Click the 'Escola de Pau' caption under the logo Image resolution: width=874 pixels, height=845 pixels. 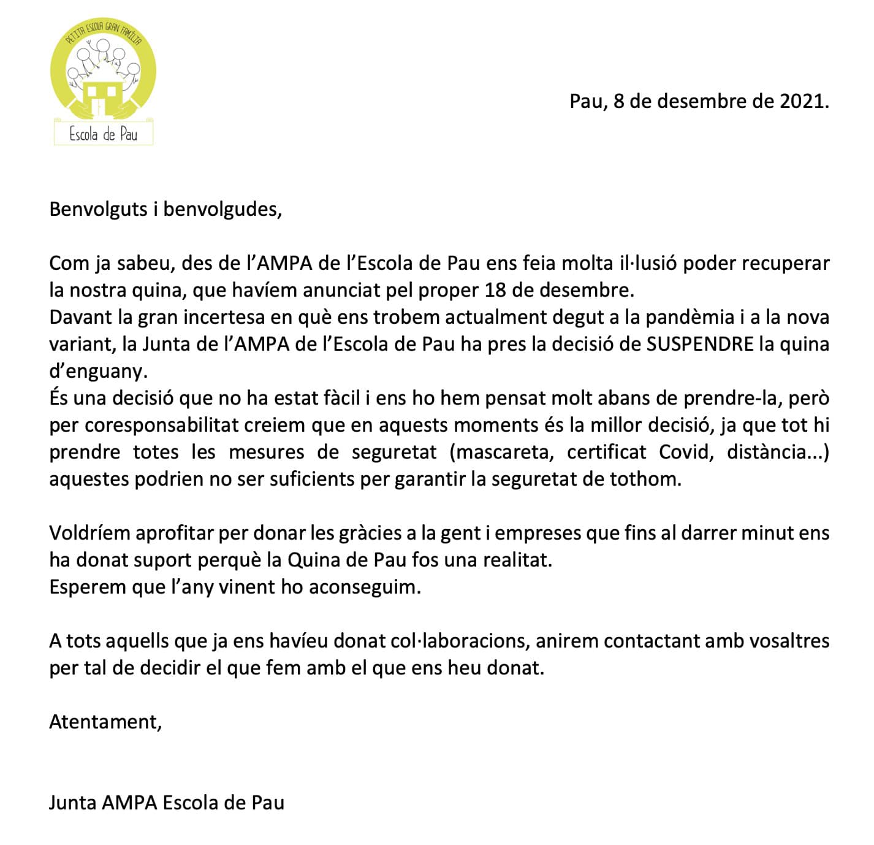(x=103, y=134)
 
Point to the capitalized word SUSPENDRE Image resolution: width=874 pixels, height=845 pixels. (x=700, y=344)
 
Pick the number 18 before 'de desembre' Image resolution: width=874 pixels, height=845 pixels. (x=495, y=290)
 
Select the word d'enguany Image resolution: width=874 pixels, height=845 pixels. (x=99, y=371)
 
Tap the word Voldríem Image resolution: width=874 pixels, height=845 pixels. (x=89, y=533)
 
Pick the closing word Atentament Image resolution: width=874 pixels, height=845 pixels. (x=105, y=722)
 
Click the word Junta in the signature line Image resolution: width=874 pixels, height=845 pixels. (x=72, y=803)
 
